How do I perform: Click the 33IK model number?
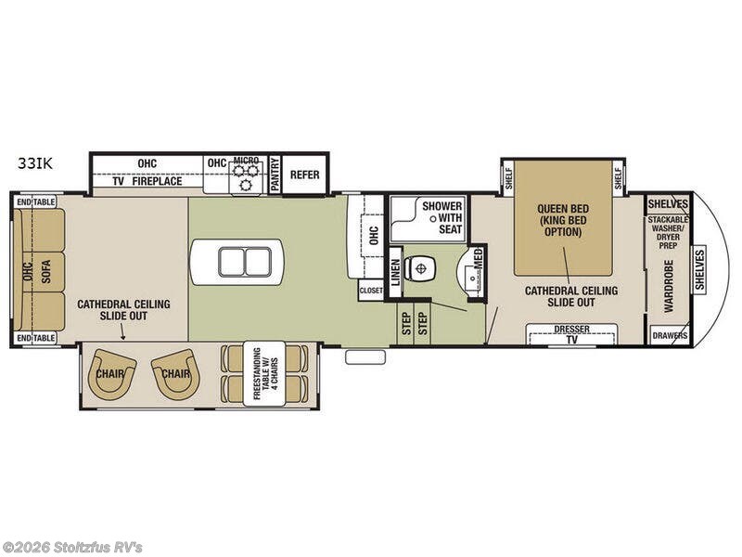pyautogui.click(x=34, y=162)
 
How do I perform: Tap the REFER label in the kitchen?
pyautogui.click(x=305, y=174)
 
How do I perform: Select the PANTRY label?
pyautogui.click(x=275, y=175)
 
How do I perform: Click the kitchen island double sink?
pyautogui.click(x=237, y=261)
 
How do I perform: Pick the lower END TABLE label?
pyautogui.click(x=36, y=338)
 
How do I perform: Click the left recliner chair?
pyautogui.click(x=112, y=373)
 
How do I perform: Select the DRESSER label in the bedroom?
pyautogui.click(x=571, y=329)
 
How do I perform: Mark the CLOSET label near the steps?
pyautogui.click(x=371, y=291)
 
